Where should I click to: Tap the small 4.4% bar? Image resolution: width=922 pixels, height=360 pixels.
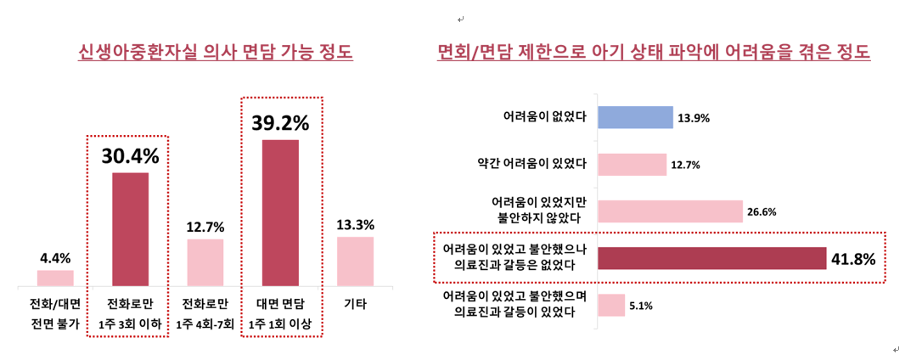point(55,278)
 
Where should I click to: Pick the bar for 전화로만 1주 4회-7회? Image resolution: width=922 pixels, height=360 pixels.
point(205,262)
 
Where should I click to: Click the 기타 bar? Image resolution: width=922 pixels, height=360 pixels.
point(355,261)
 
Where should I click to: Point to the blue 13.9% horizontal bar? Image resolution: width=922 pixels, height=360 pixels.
point(636,117)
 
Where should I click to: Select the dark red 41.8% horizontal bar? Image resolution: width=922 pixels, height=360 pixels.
point(712,258)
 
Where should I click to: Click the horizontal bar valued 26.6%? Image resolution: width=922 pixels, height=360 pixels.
point(671,211)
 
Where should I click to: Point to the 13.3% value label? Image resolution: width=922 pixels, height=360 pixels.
point(355,225)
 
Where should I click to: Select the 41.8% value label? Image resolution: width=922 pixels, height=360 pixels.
point(854,259)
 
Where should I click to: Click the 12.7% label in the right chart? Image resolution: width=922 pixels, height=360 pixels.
point(685,165)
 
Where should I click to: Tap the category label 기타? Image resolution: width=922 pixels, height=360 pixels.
point(355,303)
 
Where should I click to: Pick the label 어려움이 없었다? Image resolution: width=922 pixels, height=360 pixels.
point(545,117)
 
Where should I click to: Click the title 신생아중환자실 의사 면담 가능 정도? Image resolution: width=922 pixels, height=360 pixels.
point(215,53)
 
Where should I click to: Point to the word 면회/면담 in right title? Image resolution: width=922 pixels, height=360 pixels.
point(475,53)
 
